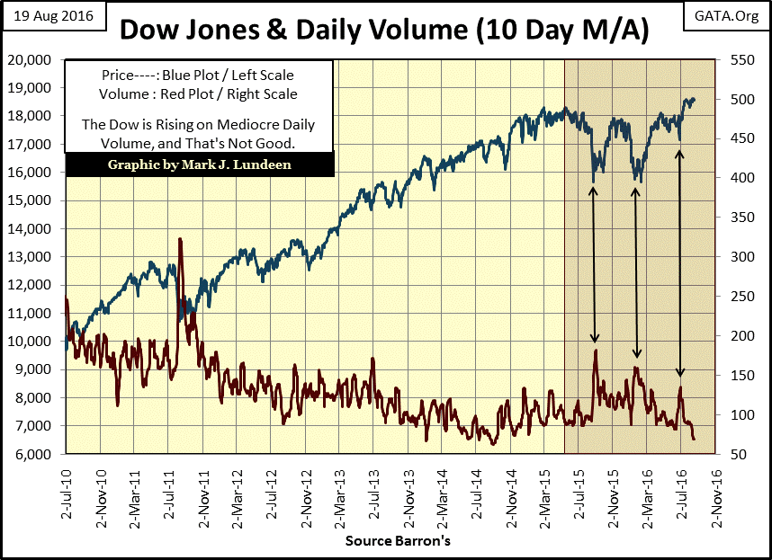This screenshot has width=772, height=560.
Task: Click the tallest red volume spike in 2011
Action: [x=181, y=241]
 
